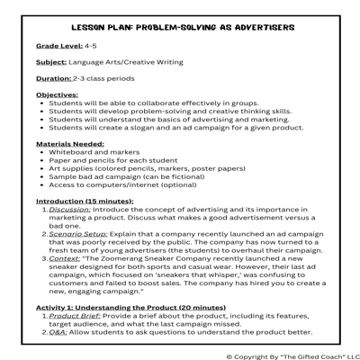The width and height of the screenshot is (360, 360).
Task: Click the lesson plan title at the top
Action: coord(179,26)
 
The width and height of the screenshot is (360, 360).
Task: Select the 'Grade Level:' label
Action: coord(58,45)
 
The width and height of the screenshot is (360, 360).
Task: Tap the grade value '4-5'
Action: coord(91,45)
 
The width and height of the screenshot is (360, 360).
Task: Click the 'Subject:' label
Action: coord(51,62)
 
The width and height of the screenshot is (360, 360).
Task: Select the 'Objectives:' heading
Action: coord(57,94)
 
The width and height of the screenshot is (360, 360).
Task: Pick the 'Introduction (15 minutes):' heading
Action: coord(85,202)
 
